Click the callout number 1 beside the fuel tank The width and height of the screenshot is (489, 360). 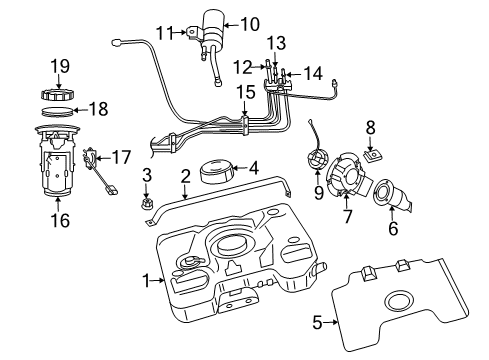[146, 281]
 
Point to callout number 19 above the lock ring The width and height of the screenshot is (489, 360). [59, 66]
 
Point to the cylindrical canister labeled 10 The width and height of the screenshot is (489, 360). [213, 29]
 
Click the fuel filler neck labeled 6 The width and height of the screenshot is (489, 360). [388, 195]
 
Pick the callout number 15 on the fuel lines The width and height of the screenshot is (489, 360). [244, 93]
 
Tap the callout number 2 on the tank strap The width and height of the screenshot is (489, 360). [185, 176]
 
